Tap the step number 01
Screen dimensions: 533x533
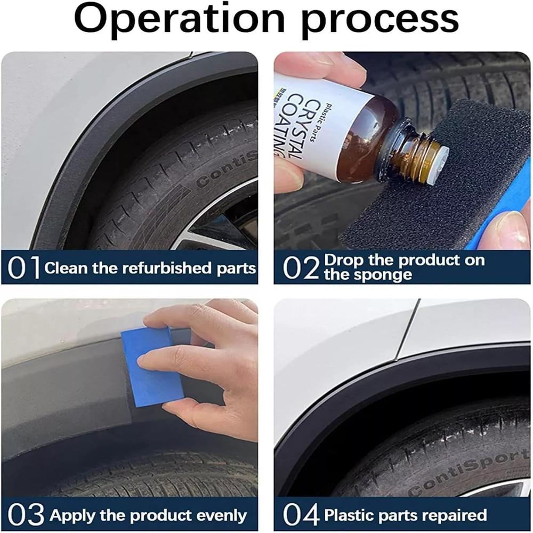click(24, 268)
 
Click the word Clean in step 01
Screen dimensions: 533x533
click(66, 268)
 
